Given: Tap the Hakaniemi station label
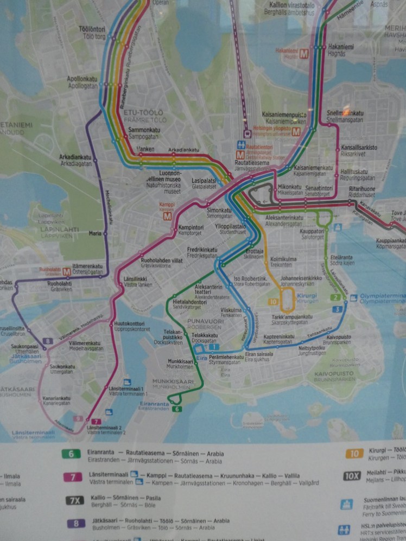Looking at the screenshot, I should point(340,47).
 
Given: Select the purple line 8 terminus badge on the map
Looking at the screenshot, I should point(48,341).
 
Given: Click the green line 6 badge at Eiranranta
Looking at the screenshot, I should point(177,409).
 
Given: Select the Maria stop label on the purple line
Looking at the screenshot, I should point(95,233).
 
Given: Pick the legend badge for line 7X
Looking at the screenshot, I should point(75,500).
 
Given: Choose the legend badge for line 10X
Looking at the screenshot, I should point(352,476).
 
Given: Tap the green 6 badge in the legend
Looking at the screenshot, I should point(71,454).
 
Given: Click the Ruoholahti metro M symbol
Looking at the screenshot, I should point(67,271).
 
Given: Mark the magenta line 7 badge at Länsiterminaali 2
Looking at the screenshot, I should point(96,422).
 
